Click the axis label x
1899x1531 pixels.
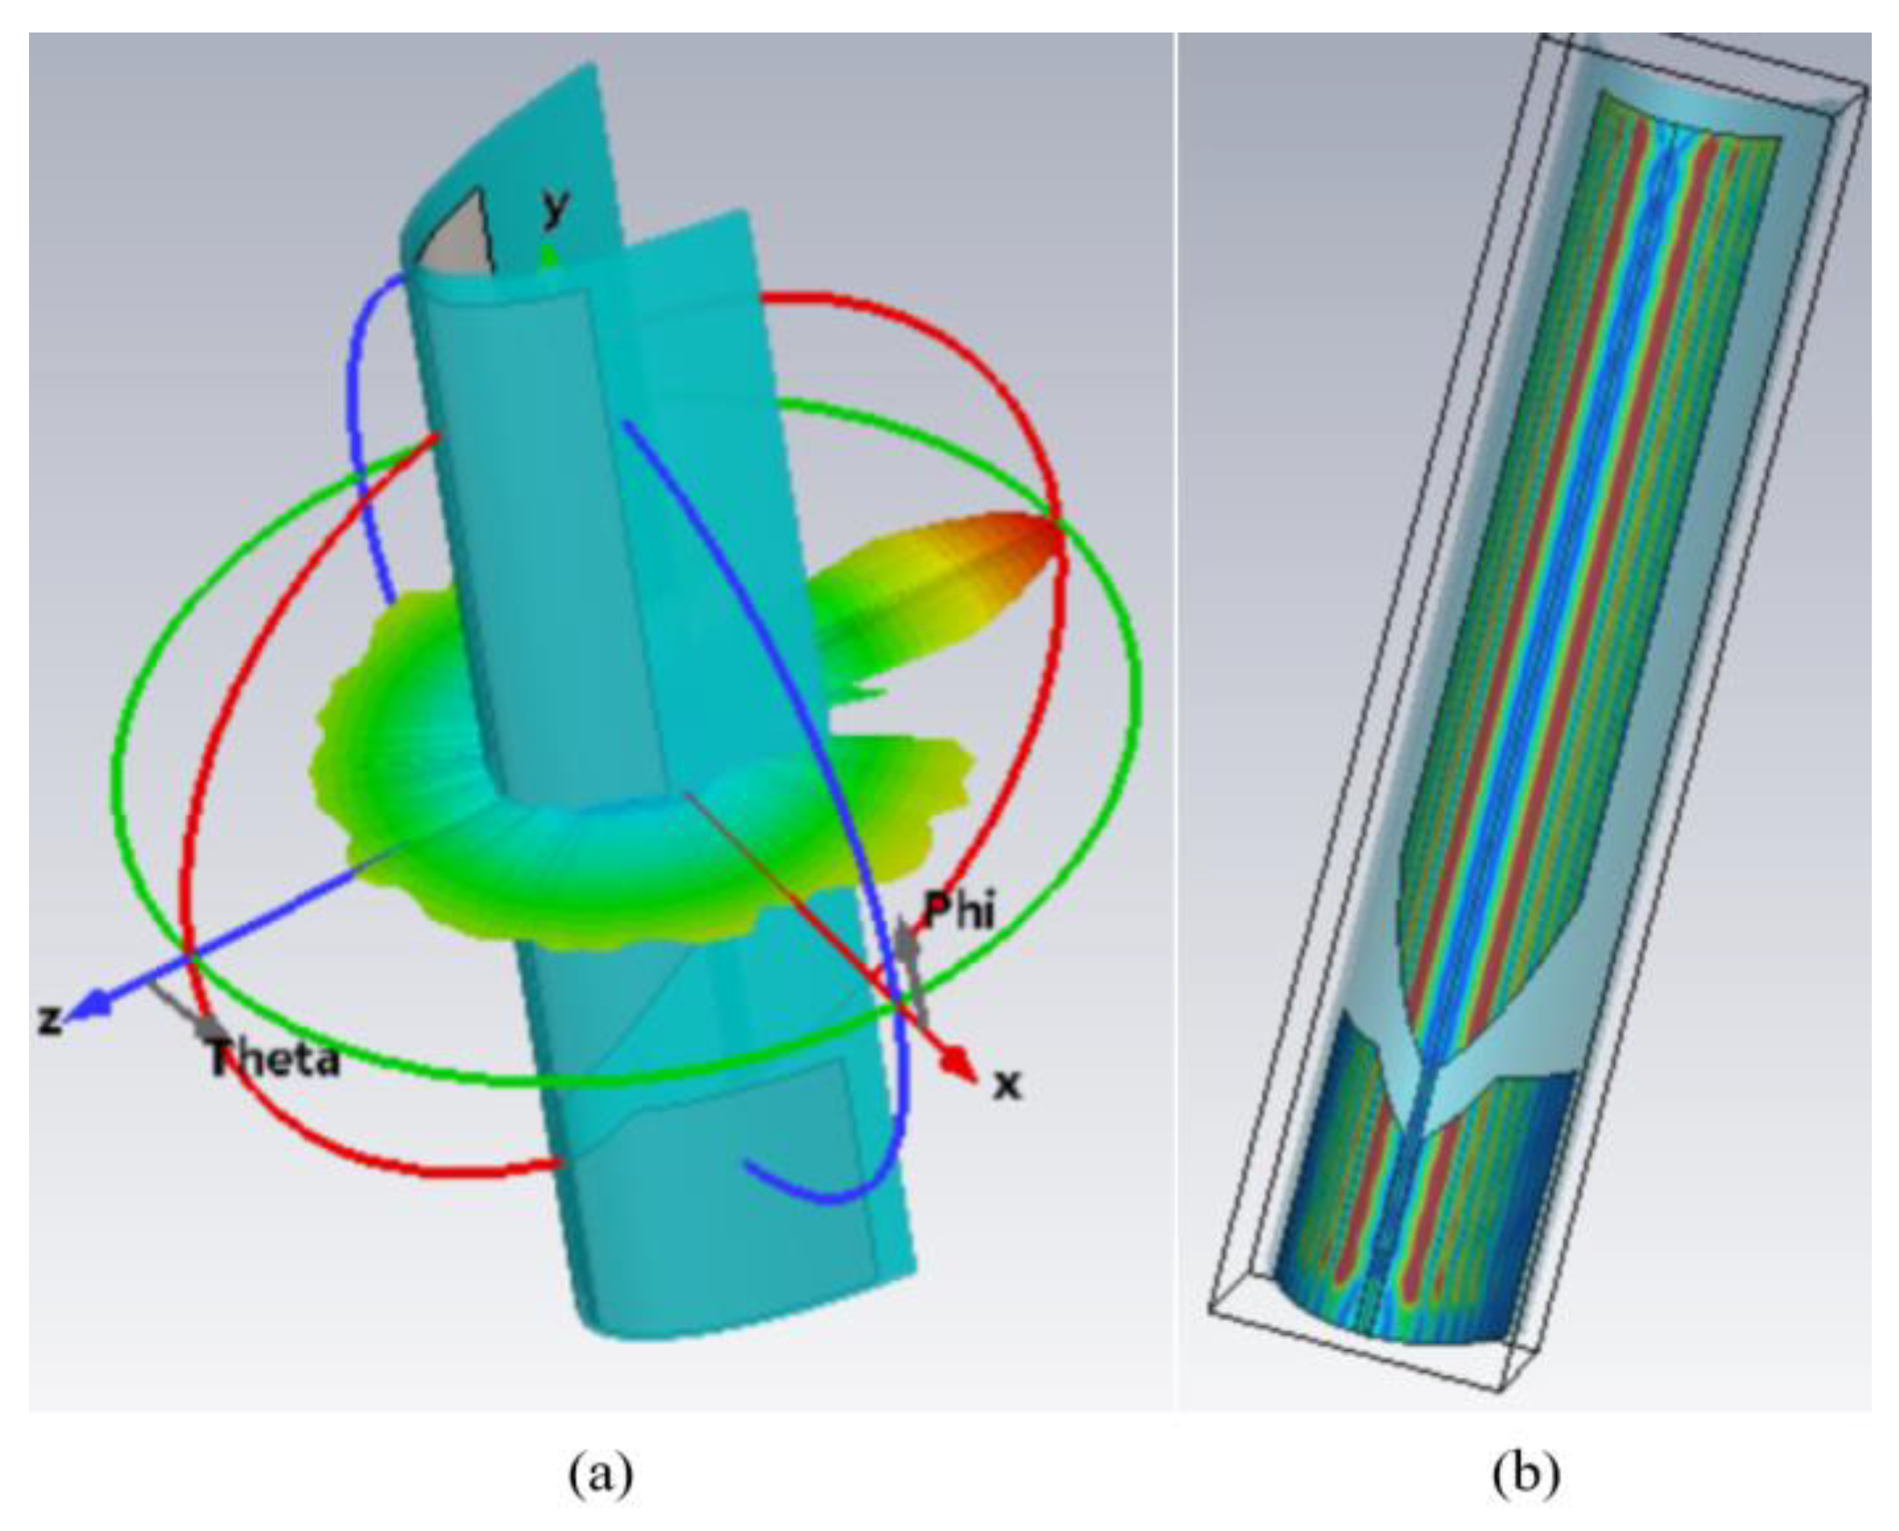tap(1007, 1084)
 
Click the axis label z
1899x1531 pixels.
tap(51, 1019)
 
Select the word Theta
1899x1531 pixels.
tap(273, 1057)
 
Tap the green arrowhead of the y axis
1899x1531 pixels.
tap(549, 257)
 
